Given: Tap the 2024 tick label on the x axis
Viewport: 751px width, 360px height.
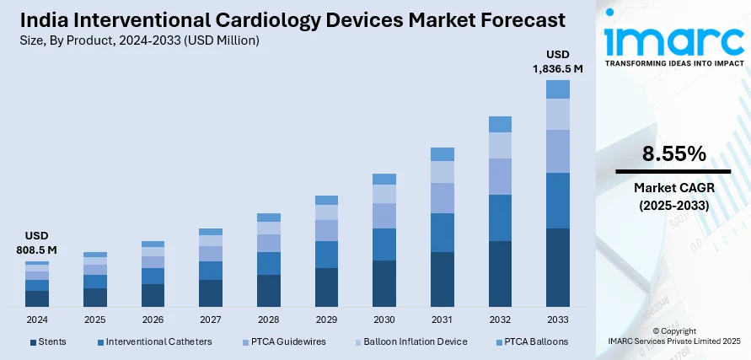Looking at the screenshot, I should tap(37, 320).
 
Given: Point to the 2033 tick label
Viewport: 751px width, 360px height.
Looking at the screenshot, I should tap(557, 320).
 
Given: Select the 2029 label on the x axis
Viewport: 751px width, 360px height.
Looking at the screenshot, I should tap(326, 320).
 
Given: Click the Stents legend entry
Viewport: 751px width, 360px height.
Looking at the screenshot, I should tap(48, 341).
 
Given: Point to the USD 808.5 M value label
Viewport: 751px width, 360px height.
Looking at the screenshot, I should tap(36, 243).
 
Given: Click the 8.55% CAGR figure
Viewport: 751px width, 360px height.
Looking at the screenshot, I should tap(673, 153).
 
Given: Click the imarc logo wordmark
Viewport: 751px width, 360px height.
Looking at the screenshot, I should tap(673, 38).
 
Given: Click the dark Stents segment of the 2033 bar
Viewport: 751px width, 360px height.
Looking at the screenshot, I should tap(557, 266).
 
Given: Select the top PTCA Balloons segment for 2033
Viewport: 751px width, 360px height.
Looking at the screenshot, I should tap(557, 89).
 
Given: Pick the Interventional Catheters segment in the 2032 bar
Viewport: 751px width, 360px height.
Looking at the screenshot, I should tap(500, 218).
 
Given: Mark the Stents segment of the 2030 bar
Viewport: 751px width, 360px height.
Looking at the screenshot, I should tap(384, 282).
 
